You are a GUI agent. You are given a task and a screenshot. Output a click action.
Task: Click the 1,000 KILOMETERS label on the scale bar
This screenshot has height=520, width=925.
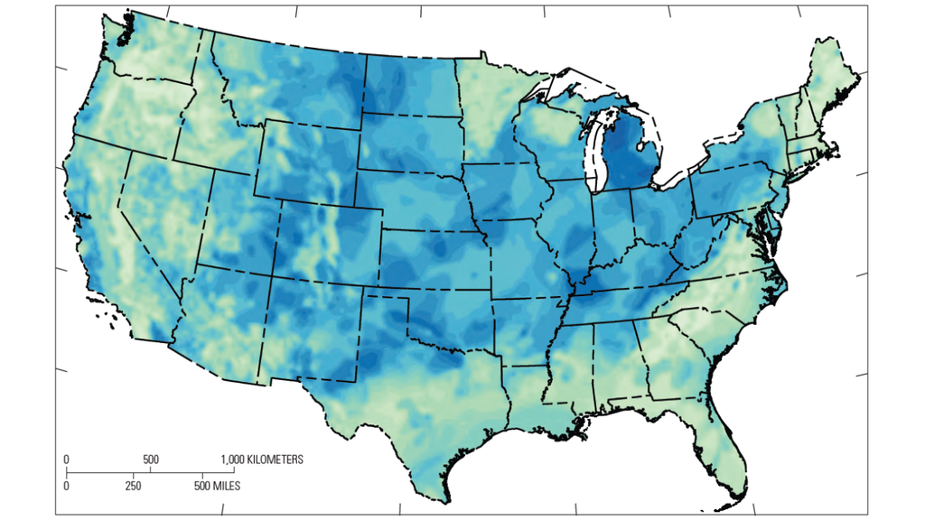pos(262,460)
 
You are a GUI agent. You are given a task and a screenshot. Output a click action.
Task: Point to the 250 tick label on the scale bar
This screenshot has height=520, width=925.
pos(133,486)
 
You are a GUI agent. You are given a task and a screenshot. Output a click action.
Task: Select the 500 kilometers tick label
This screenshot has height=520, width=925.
pos(150,460)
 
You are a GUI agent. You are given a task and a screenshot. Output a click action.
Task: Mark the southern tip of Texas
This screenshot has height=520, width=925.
pos(447,499)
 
